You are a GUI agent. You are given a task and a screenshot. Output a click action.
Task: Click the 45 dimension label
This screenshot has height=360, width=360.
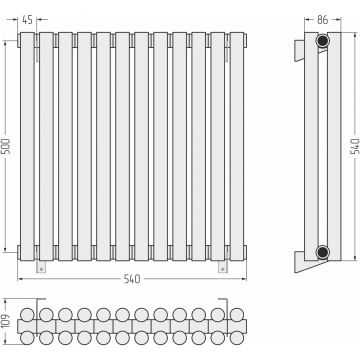[x=27, y=20]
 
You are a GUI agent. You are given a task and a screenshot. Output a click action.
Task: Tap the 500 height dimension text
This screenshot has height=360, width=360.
[x=7, y=146]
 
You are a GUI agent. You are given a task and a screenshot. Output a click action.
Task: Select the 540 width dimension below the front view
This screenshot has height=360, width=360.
[x=132, y=279]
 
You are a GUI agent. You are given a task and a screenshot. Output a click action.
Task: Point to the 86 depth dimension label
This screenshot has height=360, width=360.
[x=322, y=20]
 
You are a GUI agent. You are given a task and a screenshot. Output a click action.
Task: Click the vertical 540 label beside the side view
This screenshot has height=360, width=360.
[x=355, y=146]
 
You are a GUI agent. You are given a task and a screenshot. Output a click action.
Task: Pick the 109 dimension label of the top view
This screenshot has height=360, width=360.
[x=7, y=322]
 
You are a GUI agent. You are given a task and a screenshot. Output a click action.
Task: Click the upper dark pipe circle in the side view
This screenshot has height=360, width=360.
[x=322, y=41]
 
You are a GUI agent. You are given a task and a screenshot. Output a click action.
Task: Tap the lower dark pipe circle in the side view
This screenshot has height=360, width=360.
[x=322, y=252]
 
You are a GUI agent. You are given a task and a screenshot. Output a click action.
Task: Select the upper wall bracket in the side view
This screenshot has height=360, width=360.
[x=299, y=51]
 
